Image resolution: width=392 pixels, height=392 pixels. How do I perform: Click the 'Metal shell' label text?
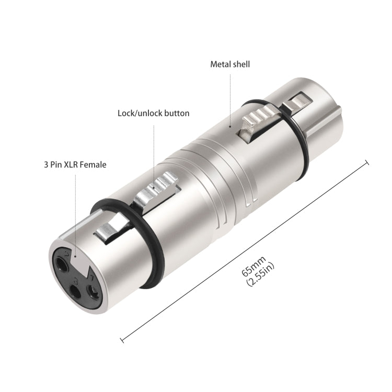pos(230,64)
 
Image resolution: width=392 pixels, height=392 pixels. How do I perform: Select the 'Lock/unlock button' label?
pos(153,113)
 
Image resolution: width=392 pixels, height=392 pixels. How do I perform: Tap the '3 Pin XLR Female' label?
pos(75,165)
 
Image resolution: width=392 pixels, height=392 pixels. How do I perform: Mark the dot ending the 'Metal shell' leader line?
pos(230,126)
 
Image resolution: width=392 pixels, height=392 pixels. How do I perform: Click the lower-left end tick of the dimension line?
pos(122,339)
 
